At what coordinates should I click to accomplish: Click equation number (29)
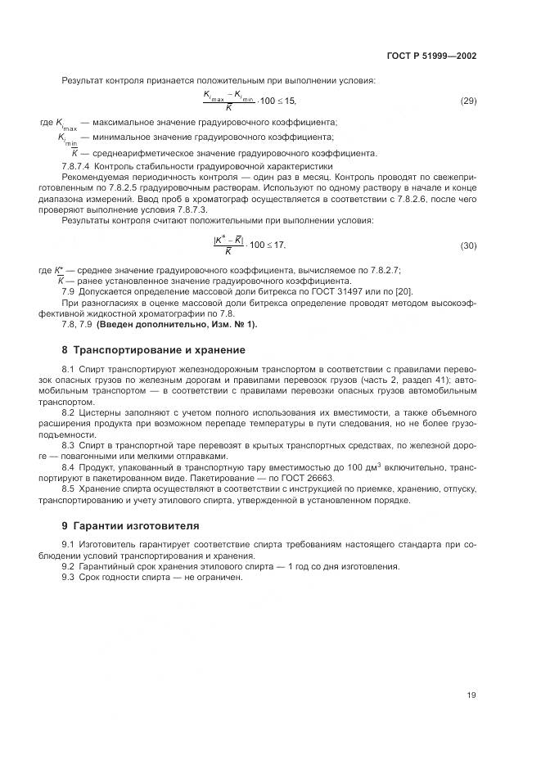coord(468,101)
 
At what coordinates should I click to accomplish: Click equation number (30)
coord(468,245)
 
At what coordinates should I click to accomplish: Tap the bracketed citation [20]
coord(403,293)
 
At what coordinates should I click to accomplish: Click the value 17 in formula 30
coord(278,245)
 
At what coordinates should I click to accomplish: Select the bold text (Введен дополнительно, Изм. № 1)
coord(177,325)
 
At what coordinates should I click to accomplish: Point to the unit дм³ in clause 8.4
coord(375,466)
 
